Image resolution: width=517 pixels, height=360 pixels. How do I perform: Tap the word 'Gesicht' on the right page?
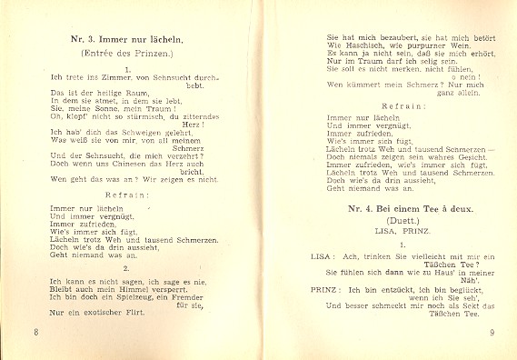(x=457, y=155)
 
